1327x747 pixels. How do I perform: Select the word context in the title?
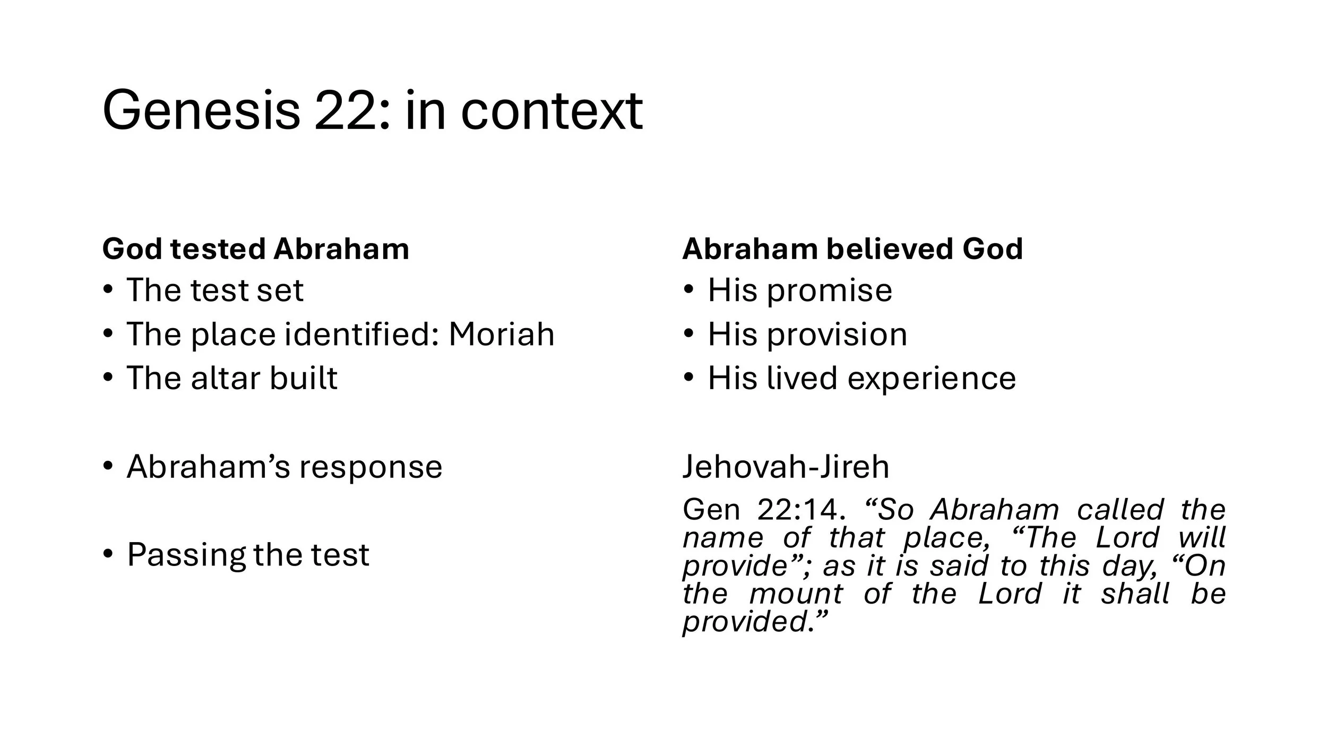[552, 111]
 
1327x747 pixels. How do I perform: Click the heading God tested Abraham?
[255, 248]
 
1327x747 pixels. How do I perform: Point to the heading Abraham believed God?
[852, 248]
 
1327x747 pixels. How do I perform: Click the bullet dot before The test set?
[108, 290]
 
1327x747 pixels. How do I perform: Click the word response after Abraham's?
[370, 467]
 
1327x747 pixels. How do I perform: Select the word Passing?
[186, 555]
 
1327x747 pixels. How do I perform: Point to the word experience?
[932, 379]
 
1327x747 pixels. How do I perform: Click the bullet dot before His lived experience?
[689, 377]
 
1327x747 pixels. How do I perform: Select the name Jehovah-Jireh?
[786, 467]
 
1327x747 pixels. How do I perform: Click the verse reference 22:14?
[799, 510]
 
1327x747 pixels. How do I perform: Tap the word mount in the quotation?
[796, 594]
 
